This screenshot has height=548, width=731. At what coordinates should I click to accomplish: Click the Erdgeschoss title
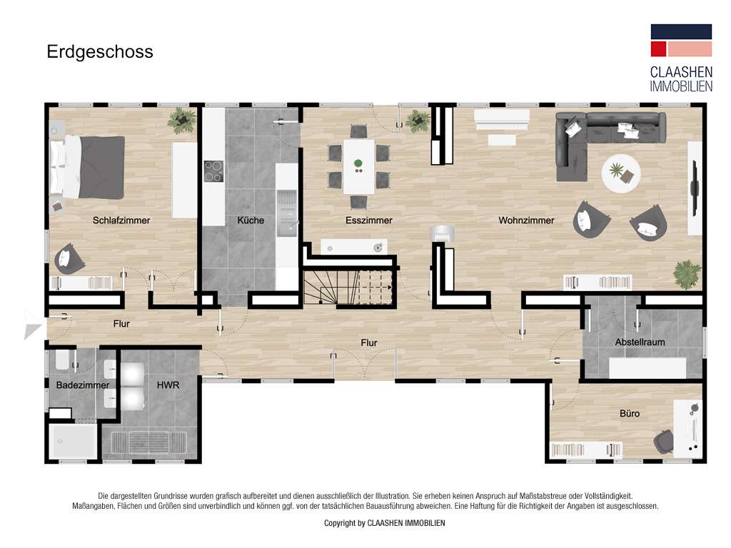(100, 52)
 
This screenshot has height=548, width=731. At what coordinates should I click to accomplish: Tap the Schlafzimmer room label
(121, 220)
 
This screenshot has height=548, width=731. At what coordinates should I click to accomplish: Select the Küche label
(250, 220)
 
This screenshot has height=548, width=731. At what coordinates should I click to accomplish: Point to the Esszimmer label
(368, 220)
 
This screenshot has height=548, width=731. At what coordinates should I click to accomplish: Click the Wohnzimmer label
(526, 220)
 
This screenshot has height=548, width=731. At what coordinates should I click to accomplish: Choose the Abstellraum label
(640, 342)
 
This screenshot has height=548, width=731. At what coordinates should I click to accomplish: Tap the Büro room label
(630, 414)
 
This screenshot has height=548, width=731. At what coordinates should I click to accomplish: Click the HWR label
(168, 385)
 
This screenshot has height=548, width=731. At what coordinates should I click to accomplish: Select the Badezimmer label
(82, 385)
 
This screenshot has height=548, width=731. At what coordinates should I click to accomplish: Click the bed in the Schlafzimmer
(87, 167)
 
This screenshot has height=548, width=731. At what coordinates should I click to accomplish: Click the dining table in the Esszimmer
(358, 166)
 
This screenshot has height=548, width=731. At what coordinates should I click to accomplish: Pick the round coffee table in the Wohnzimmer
(621, 173)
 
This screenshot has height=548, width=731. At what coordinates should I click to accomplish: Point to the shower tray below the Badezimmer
(73, 442)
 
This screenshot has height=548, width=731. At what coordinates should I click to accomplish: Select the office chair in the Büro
(663, 441)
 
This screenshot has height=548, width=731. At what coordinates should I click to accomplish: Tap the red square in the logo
(658, 49)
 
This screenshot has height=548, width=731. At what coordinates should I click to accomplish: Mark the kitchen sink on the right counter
(287, 210)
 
